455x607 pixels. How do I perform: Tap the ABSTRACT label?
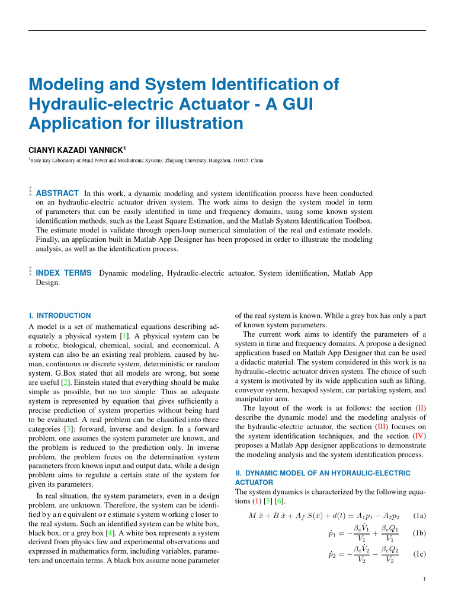pos(57,193)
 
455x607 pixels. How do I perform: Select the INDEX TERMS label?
pos(64,273)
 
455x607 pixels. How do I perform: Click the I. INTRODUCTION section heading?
pos(60,315)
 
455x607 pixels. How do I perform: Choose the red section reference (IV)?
pos(419,436)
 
